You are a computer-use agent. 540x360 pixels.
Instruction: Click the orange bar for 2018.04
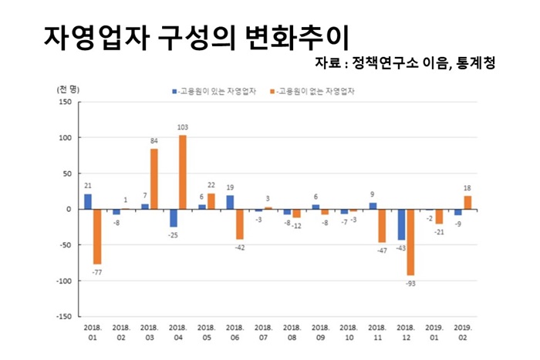[183, 172]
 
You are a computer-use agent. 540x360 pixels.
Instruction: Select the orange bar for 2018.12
[410, 242]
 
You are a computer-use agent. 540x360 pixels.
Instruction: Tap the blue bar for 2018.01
[88, 201]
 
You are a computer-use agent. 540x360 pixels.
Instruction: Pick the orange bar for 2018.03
[154, 179]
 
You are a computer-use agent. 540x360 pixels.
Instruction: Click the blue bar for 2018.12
[401, 224]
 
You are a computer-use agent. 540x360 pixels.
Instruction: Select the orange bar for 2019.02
[467, 203]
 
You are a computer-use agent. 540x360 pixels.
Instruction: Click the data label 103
[183, 127]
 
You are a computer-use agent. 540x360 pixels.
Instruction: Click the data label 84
[154, 141]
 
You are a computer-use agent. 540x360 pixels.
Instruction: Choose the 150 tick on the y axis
[64, 103]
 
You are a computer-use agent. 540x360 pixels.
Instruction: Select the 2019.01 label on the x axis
[435, 332]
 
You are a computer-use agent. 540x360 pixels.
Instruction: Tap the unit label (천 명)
[67, 89]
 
